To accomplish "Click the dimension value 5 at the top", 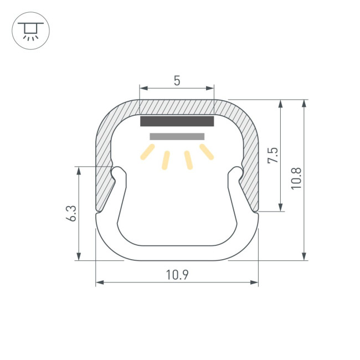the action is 177,81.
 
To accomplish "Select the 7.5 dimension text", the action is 272,156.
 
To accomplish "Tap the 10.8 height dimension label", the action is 296,179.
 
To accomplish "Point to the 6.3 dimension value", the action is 71,213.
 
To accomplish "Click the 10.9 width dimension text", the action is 177,275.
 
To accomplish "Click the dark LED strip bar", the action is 177,121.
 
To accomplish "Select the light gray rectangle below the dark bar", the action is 177,136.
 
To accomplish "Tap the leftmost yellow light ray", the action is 148,152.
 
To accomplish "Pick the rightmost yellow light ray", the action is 207,152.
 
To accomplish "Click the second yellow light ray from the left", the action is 166,160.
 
